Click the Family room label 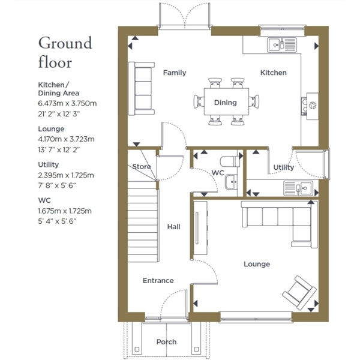pos(175,73)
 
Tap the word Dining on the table pos(225,103)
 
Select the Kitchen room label pos(273,73)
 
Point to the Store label pos(142,166)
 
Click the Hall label pos(173,227)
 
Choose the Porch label pos(166,342)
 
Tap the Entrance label pos(158,281)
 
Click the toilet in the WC pos(230,161)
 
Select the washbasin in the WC pos(231,182)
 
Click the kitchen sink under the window pos(282,45)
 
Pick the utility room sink pos(298,188)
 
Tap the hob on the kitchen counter pos(310,106)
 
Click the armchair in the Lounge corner pos(299,293)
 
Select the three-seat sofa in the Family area pos(141,88)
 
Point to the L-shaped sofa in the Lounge pos(280,224)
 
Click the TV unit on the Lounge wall pos(200,228)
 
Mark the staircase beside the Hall pos(143,221)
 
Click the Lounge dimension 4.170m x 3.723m pos(66,139)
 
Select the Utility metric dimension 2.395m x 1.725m pos(66,175)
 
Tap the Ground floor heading pos(65,52)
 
